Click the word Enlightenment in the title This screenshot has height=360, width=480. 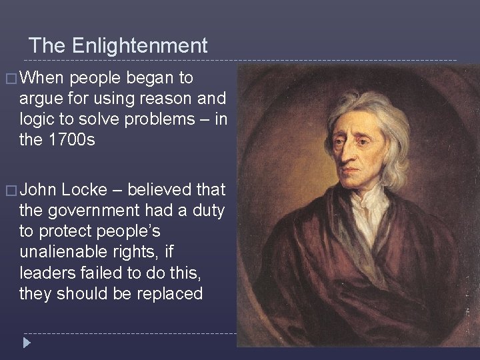139,46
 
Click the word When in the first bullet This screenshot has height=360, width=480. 42,78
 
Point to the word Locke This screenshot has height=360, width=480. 84,190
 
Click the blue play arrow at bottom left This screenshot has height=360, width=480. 26,343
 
